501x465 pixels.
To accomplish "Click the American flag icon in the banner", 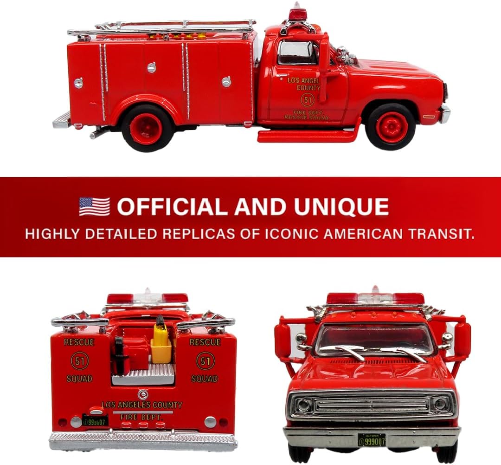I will coord(94,207).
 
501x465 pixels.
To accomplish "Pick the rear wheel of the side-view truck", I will coord(147,128).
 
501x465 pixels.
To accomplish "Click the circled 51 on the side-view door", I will coord(307,99).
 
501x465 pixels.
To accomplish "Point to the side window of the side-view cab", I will coord(296,52).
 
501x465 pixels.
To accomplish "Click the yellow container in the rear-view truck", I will coord(161,344).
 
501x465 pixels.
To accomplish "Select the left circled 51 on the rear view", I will coord(79,361).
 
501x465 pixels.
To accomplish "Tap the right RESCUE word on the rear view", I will coord(205,342).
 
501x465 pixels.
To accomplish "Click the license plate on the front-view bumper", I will coord(372,440).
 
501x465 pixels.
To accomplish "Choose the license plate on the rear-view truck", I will coord(96,421).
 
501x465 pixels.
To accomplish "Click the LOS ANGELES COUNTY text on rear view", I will coord(142,405).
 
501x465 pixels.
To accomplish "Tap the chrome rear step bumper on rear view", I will coord(143,441).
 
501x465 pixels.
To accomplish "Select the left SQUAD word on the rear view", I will coord(79,379).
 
